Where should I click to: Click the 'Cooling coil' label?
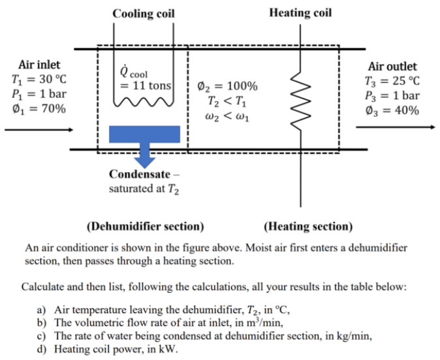pyautogui.click(x=144, y=13)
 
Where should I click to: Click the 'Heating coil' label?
pyautogui.click(x=300, y=13)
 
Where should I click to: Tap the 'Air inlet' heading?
pyautogui.click(x=40, y=65)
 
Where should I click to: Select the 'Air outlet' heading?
pyautogui.click(x=392, y=67)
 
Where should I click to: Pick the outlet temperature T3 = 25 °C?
pyautogui.click(x=392, y=82)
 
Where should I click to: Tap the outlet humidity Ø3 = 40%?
pyautogui.click(x=392, y=110)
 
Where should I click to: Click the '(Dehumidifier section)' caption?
pyautogui.click(x=145, y=227)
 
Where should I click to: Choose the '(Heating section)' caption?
pyautogui.click(x=307, y=227)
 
